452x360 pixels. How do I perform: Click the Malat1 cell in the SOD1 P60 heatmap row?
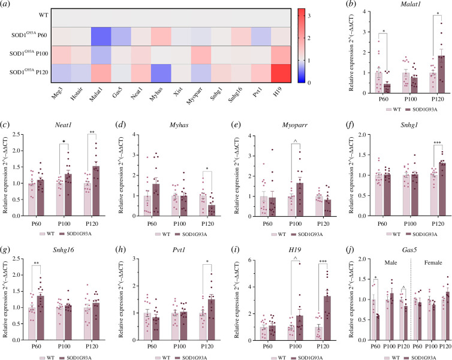[101, 37]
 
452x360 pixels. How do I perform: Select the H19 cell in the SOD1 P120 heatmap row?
[281, 73]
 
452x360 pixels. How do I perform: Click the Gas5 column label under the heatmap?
[117, 92]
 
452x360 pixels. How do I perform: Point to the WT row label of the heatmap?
[44, 15]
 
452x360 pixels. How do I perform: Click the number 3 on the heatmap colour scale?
[309, 16]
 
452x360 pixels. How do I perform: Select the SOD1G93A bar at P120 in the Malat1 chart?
[441, 74]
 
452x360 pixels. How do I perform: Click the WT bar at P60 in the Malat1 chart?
[378, 83]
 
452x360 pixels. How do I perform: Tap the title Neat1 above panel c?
[63, 125]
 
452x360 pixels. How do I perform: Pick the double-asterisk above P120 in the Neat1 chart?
[92, 132]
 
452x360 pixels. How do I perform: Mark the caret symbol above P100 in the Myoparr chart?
[296, 141]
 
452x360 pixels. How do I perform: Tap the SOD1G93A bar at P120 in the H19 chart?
[327, 318]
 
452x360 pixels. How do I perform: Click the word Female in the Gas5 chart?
[433, 262]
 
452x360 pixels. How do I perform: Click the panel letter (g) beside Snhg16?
[6, 250]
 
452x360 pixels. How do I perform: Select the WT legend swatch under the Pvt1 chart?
[158, 358]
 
